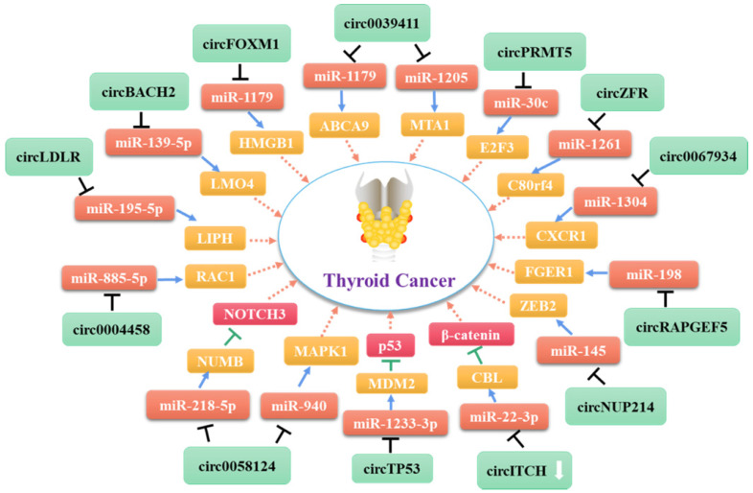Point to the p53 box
pos(393,343)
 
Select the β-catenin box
pos(471,335)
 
